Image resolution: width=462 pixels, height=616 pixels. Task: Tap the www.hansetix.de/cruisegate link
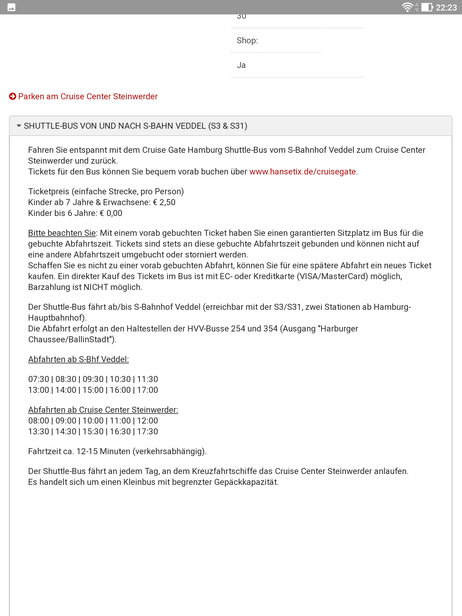pos(303,172)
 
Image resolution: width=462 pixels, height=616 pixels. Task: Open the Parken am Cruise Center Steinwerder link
pos(88,97)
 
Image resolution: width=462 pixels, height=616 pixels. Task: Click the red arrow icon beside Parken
pos(13,97)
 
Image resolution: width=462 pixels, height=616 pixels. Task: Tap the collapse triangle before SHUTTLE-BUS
pos(19,126)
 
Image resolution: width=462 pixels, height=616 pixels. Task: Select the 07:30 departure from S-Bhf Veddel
pos(38,379)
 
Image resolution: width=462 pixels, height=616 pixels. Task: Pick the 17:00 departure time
pos(147,390)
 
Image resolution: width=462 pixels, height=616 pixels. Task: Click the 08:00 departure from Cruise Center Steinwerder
pos(38,421)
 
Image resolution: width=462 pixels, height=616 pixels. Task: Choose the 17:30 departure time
pos(147,432)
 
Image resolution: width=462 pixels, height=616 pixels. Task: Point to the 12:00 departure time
pos(147,421)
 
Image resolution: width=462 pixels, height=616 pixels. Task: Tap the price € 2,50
pos(164,202)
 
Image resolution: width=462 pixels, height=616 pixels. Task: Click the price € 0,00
pos(111,213)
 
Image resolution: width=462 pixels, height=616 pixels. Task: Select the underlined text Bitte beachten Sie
pos(62,233)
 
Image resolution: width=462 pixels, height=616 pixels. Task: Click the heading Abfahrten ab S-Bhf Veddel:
pos(79,359)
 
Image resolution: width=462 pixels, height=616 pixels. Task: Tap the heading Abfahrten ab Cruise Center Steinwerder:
pos(103,410)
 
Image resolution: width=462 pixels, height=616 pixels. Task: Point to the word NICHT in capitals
pos(96,287)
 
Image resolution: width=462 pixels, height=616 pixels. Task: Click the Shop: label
pos(247,41)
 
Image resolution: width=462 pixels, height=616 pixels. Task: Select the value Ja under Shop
pos(241,65)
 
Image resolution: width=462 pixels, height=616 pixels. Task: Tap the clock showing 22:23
pos(446,8)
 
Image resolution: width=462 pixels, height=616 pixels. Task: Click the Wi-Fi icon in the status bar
pos(407,7)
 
